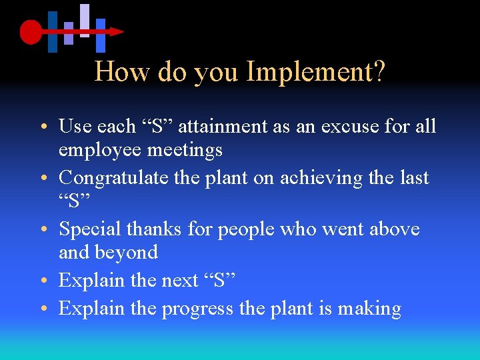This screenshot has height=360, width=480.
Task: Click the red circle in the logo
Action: coord(31,31)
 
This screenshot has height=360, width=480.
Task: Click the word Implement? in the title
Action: coord(315,72)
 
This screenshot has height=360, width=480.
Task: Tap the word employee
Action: coord(100,150)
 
